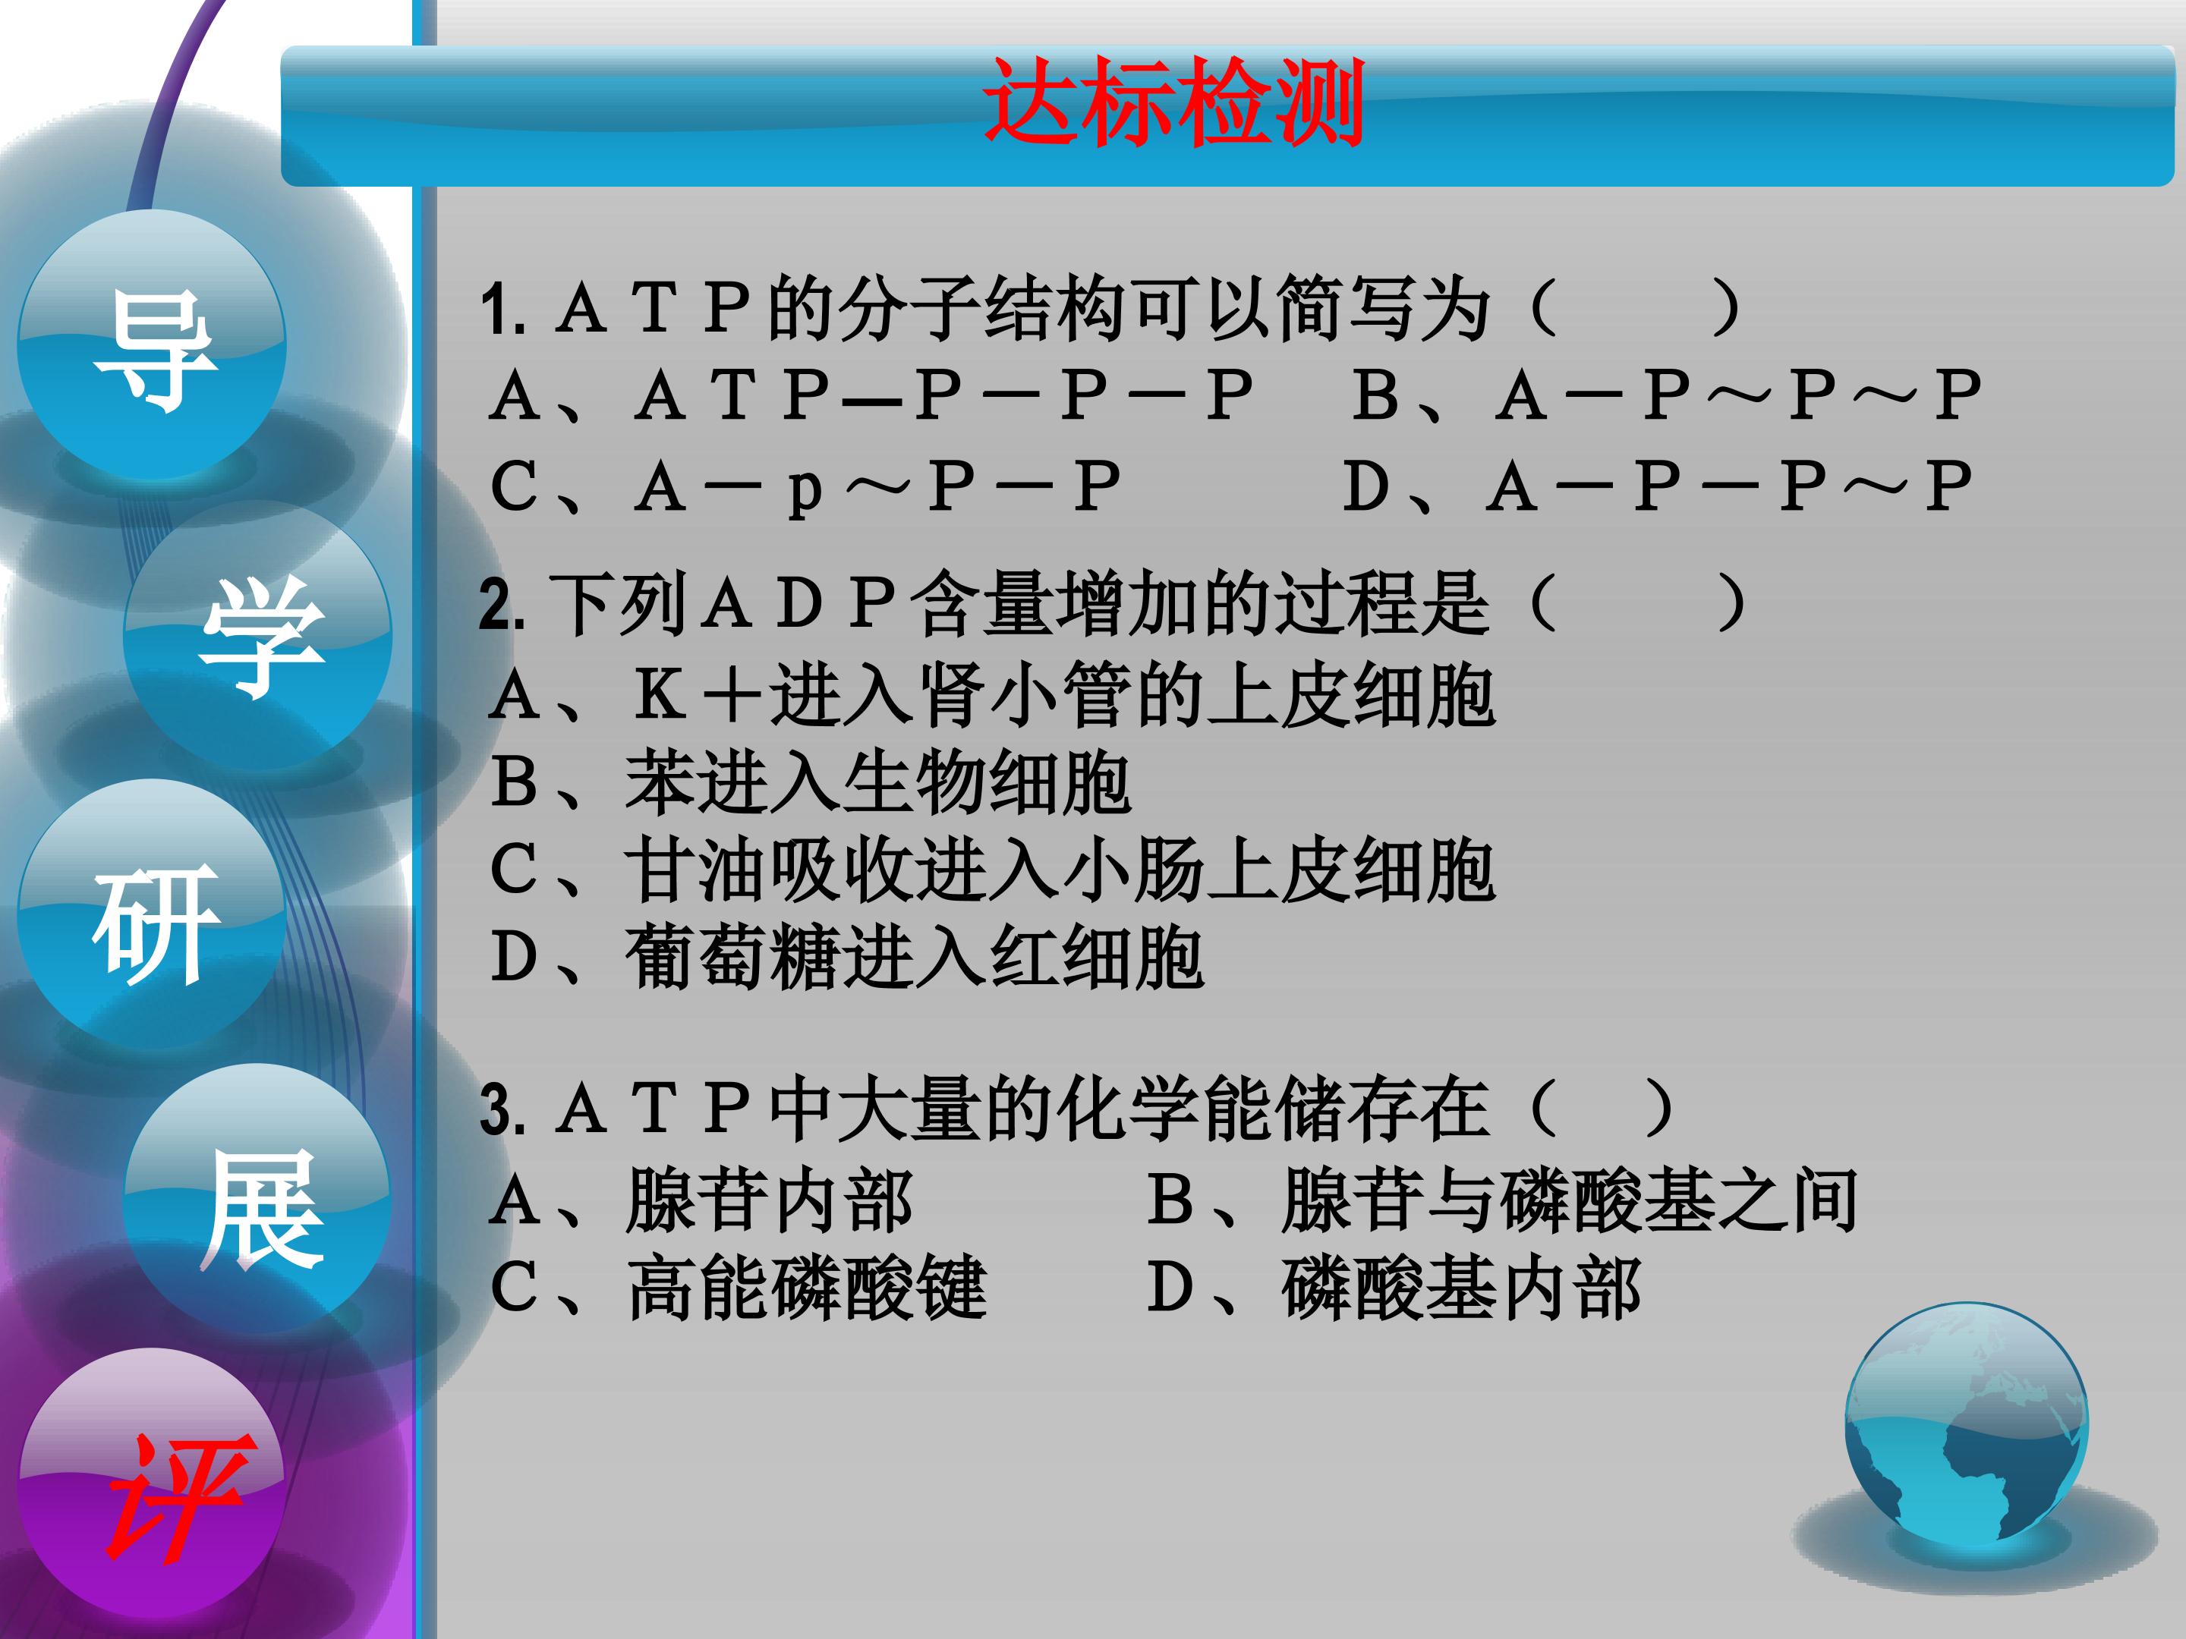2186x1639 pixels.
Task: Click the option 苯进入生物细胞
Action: click(811, 783)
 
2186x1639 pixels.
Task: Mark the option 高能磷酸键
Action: click(739, 1289)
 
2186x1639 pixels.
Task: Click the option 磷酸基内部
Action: click(1394, 1289)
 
